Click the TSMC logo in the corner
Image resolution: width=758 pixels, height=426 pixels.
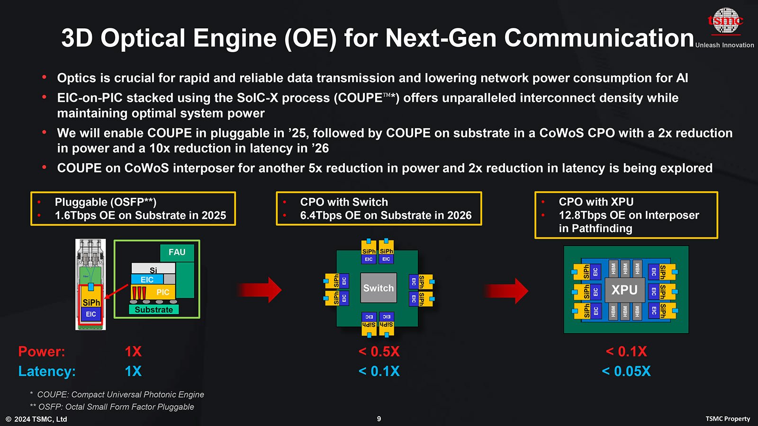(x=725, y=21)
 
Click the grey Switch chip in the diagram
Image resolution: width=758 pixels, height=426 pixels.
(x=379, y=288)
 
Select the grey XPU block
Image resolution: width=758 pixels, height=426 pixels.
(x=624, y=290)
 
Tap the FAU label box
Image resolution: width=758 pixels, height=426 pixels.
(x=177, y=253)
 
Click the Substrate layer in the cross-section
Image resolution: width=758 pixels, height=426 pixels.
(x=154, y=310)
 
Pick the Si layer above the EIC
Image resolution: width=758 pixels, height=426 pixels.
(x=153, y=269)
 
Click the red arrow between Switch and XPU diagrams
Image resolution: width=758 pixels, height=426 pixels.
(x=506, y=291)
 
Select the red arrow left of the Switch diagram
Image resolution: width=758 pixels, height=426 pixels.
(x=259, y=290)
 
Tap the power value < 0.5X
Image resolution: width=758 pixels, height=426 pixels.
(x=379, y=352)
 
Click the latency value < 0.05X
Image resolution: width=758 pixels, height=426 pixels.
(x=626, y=371)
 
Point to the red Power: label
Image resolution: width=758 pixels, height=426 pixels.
(x=42, y=352)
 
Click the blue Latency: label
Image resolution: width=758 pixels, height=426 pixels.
(x=47, y=371)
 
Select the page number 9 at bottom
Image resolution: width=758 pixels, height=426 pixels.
(x=379, y=419)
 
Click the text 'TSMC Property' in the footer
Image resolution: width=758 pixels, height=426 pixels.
(x=728, y=419)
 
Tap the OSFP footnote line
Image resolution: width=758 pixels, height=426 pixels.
(x=112, y=407)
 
